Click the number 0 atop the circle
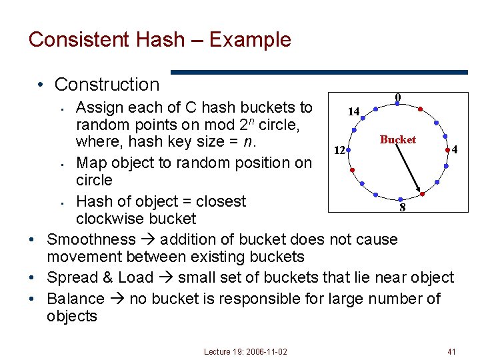point(397,97)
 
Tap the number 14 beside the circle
point(353,111)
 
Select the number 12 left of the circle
point(339,151)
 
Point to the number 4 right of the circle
point(454,150)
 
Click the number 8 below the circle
point(402,208)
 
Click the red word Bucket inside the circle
point(397,139)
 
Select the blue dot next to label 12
point(349,151)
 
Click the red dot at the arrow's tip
point(423,193)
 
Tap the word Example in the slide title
point(250,39)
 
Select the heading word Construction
point(107,85)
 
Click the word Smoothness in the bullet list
point(91,239)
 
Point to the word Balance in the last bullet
point(75,299)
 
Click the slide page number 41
point(452,351)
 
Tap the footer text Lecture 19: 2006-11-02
point(246,351)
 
